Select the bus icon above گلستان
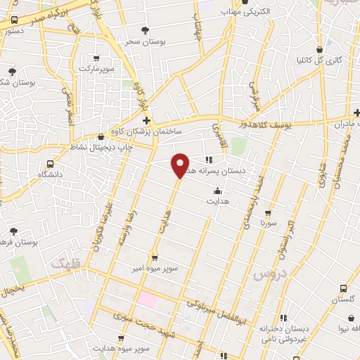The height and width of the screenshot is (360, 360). tap(342, 288)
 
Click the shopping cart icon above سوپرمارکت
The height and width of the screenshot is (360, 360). tap(96, 58)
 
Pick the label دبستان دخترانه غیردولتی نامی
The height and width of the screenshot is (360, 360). tap(282, 333)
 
